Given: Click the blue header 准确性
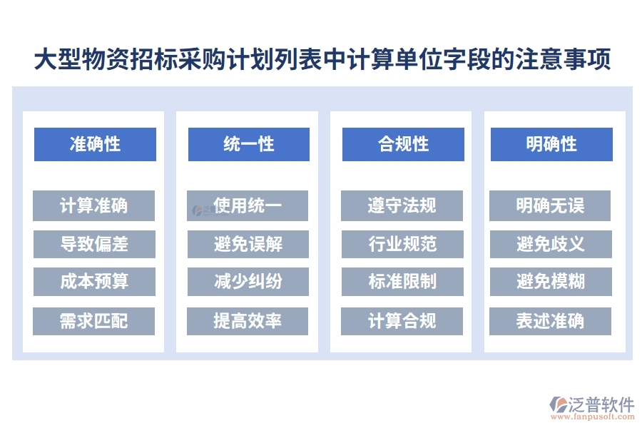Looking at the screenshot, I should (95, 144).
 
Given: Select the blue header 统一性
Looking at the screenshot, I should (248, 144).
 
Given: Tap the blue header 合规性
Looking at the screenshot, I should (403, 144).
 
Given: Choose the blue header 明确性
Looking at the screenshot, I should (551, 144).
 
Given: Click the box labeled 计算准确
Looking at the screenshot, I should (94, 206).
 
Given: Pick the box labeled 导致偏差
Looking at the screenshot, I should (94, 244).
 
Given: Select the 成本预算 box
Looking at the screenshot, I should (94, 282).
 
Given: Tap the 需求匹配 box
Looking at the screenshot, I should (94, 321).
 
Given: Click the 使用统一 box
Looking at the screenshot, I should (248, 206).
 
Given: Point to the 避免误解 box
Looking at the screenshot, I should (248, 244).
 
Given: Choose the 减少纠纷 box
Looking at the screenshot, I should (248, 282).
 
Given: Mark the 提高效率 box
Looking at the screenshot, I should (248, 321).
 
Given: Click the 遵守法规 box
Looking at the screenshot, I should (402, 206).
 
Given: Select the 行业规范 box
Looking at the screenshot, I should (402, 244).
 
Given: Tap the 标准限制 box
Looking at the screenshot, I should (402, 282).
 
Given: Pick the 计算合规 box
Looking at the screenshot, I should (402, 321).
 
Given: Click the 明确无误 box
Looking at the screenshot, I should (550, 206).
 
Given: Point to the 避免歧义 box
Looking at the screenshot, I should (550, 244).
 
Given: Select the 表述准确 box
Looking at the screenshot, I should (550, 321).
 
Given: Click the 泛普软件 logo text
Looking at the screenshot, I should (601, 405).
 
